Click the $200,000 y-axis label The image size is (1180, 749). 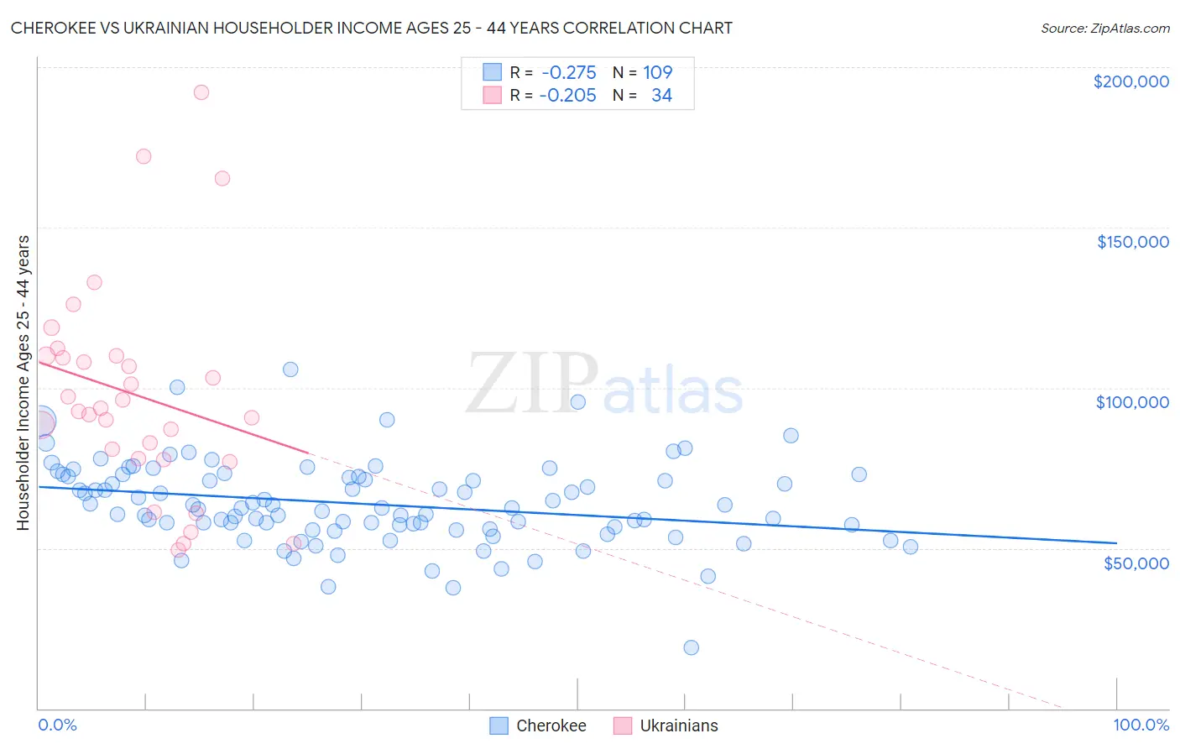tap(1130, 81)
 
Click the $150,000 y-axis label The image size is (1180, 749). tap(1132, 242)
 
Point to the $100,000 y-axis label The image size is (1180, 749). tap(1132, 402)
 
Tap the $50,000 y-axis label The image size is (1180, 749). tap(1136, 563)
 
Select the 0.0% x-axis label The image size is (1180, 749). tap(57, 725)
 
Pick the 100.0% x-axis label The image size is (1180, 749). tap(1141, 725)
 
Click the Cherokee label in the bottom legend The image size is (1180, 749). tap(551, 725)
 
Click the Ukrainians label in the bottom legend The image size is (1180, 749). tap(679, 725)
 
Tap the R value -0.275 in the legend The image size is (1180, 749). tap(569, 72)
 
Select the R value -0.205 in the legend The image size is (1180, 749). tap(567, 95)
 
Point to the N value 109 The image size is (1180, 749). tap(658, 72)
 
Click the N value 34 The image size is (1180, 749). tap(661, 95)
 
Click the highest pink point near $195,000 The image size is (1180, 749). tap(201, 92)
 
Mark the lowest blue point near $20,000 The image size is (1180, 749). tap(691, 647)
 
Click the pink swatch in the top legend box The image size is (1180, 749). tap(492, 95)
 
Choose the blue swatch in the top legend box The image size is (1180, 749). tap(492, 72)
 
